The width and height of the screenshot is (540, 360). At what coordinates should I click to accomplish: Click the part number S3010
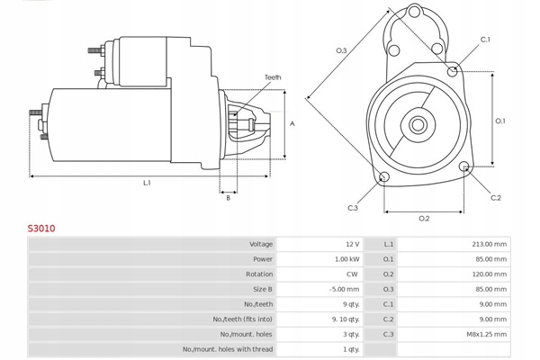coord(41,229)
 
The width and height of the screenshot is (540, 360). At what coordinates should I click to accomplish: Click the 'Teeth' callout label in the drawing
coord(273,77)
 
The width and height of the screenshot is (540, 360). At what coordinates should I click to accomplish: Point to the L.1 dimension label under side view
coord(146,183)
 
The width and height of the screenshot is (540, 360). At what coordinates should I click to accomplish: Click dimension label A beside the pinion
coord(292,123)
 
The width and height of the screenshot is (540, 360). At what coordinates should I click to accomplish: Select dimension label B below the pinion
coord(228,198)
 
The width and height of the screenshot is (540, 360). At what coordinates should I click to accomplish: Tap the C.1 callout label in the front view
coord(485,40)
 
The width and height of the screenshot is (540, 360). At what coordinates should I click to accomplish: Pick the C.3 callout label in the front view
coord(353,208)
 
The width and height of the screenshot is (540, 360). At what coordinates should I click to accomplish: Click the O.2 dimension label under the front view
coord(424,219)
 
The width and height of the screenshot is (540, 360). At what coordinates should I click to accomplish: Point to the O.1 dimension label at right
coord(500,120)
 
